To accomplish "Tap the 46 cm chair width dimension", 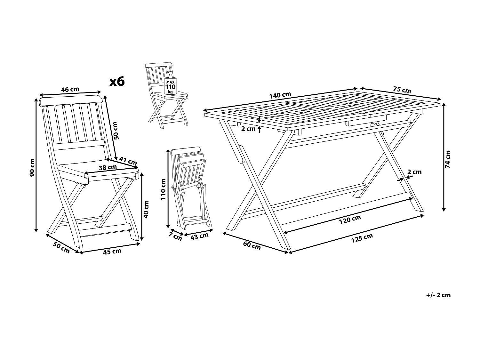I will pos(70,89).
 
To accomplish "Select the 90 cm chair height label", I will pos(32,168).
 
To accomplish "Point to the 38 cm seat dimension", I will pos(108,167).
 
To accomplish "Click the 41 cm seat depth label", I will pos(128,160).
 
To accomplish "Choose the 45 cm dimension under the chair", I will pos(112,252).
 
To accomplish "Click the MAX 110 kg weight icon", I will pos(170,84).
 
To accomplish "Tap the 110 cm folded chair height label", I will pos(163,189).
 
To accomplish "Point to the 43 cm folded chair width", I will pos(199,236).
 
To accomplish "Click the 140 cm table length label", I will pos(280,95).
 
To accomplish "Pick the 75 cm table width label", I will pos(402,90).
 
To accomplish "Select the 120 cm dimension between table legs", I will pos(350,220).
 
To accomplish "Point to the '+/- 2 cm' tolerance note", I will pos(438,295).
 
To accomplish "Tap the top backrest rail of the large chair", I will pos(70,100).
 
